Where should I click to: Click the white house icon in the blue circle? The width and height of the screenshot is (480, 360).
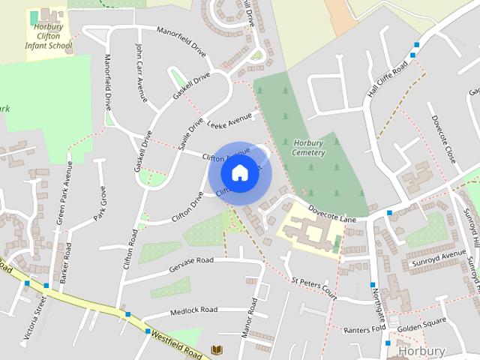click(x=239, y=173)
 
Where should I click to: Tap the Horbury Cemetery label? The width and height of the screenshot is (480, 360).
click(x=309, y=148)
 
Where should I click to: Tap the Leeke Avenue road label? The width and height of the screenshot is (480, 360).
click(x=230, y=121)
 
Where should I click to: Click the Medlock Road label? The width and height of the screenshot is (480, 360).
click(x=193, y=310)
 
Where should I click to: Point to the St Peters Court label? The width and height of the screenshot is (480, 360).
click(x=314, y=287)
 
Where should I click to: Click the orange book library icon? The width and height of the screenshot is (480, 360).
click(x=217, y=350)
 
